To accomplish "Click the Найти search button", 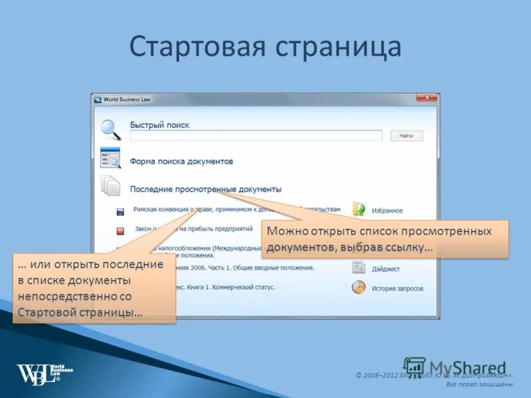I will (x=406, y=135).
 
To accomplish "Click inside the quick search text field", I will (x=256, y=135).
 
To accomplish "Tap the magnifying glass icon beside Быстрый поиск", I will (x=110, y=129).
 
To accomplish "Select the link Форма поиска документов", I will (x=181, y=161).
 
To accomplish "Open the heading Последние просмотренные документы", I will (x=205, y=189).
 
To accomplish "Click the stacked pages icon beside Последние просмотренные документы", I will (x=110, y=186).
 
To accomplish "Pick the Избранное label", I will (x=387, y=210).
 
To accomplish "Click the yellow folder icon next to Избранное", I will (x=358, y=210).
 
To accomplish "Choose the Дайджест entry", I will (x=386, y=269).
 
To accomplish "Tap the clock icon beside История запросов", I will (x=358, y=288).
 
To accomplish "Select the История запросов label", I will (x=397, y=289).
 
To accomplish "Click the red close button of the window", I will (x=425, y=98).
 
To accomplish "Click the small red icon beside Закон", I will (x=120, y=232).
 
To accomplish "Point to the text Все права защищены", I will (x=479, y=384).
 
